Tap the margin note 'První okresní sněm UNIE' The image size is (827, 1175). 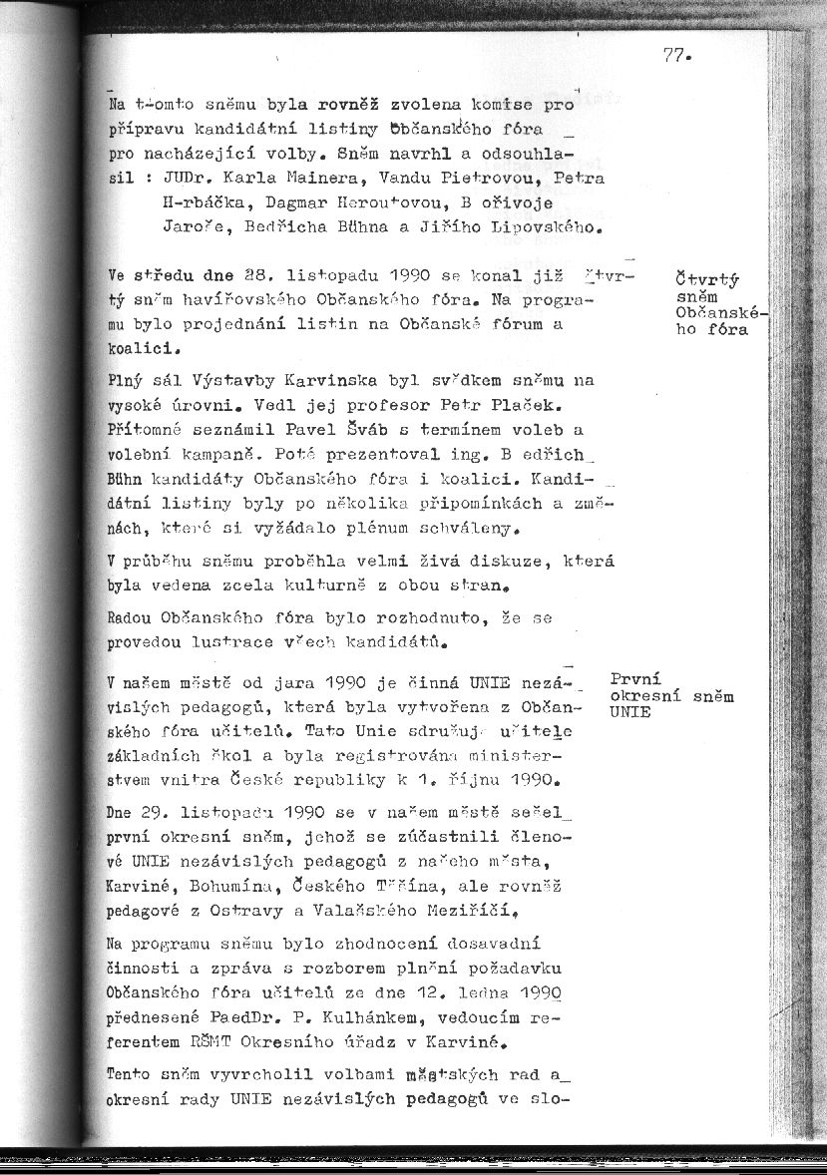tap(670, 695)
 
